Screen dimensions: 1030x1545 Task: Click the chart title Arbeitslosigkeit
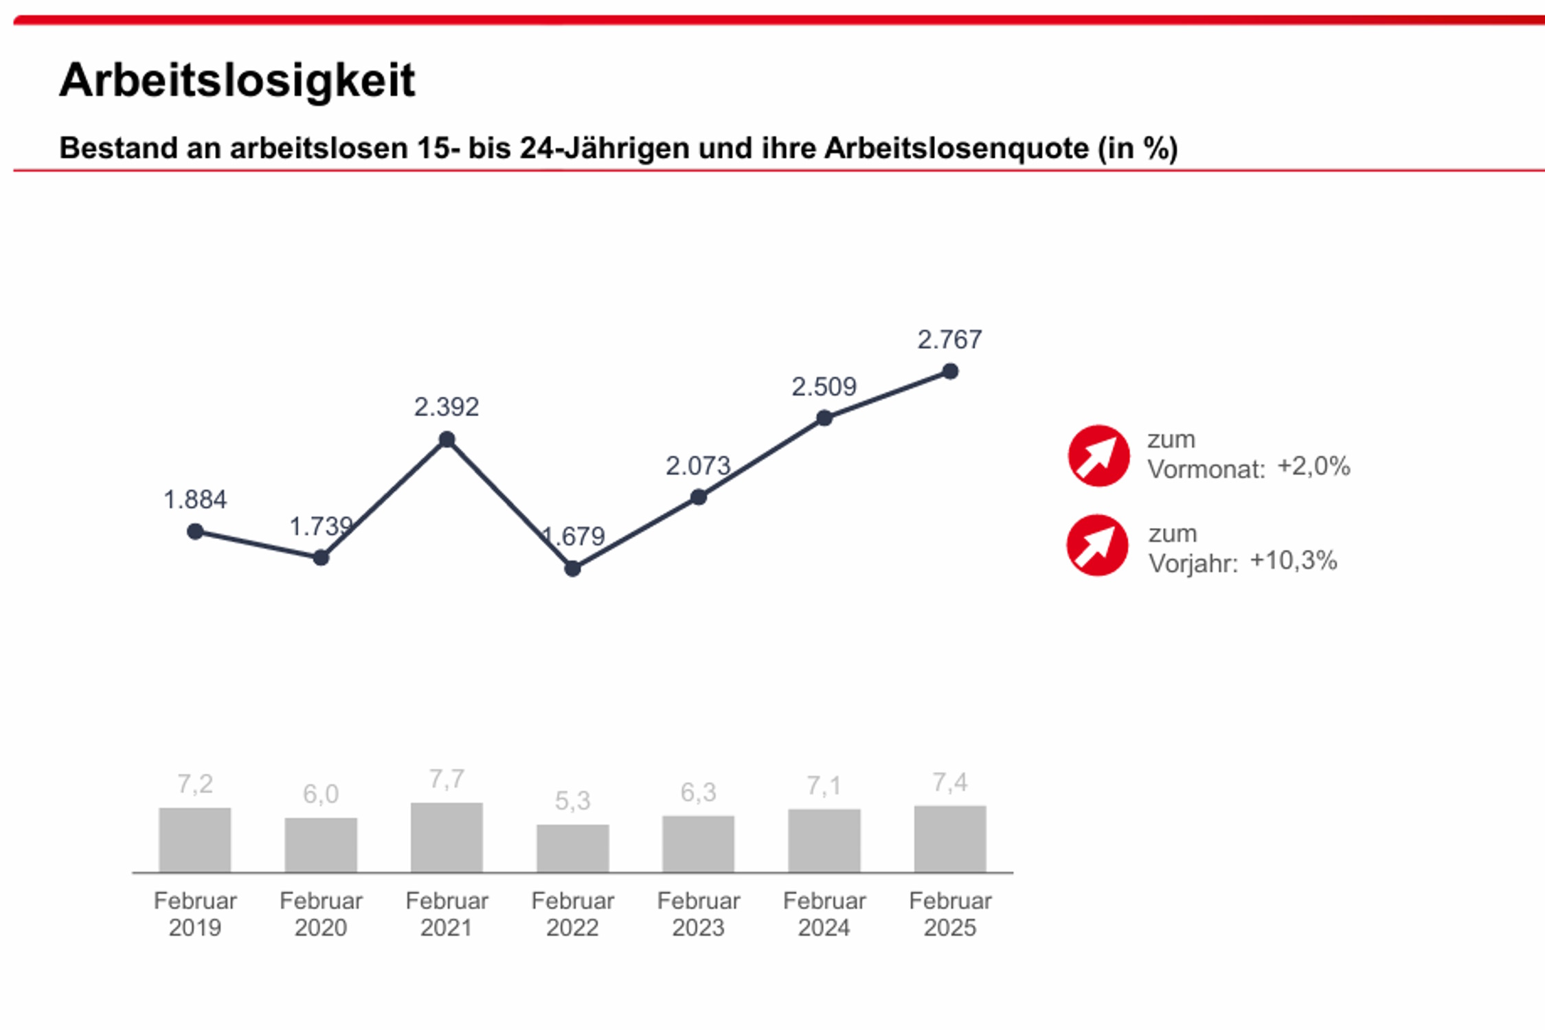pyautogui.click(x=237, y=80)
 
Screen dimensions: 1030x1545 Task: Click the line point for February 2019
pyautogui.click(x=195, y=531)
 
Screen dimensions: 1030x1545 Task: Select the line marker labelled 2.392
pyautogui.click(x=447, y=439)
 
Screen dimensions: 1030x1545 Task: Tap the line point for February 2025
pyautogui.click(x=950, y=371)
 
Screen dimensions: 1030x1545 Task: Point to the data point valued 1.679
pyautogui.click(x=572, y=569)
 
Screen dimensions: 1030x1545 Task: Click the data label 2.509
pyautogui.click(x=824, y=387)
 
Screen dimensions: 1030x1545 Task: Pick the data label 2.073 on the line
pyautogui.click(x=697, y=466)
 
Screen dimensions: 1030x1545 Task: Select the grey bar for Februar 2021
pyautogui.click(x=447, y=838)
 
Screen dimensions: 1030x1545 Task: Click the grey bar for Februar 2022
pyautogui.click(x=572, y=849)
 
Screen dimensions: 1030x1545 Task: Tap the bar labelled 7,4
pyautogui.click(x=950, y=839)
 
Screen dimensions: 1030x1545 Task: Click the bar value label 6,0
pyautogui.click(x=321, y=794)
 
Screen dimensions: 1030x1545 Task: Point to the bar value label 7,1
pyautogui.click(x=824, y=786)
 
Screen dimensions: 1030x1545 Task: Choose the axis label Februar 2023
pyautogui.click(x=698, y=914)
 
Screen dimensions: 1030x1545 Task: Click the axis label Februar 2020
pyautogui.click(x=321, y=914)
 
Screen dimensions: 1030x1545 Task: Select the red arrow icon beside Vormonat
pyautogui.click(x=1098, y=456)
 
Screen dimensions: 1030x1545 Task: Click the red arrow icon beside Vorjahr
pyautogui.click(x=1097, y=545)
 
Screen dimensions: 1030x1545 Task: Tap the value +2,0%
pyautogui.click(x=1313, y=467)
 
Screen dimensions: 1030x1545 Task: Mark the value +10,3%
pyautogui.click(x=1294, y=561)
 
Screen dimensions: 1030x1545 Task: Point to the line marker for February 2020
pyautogui.click(x=321, y=558)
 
